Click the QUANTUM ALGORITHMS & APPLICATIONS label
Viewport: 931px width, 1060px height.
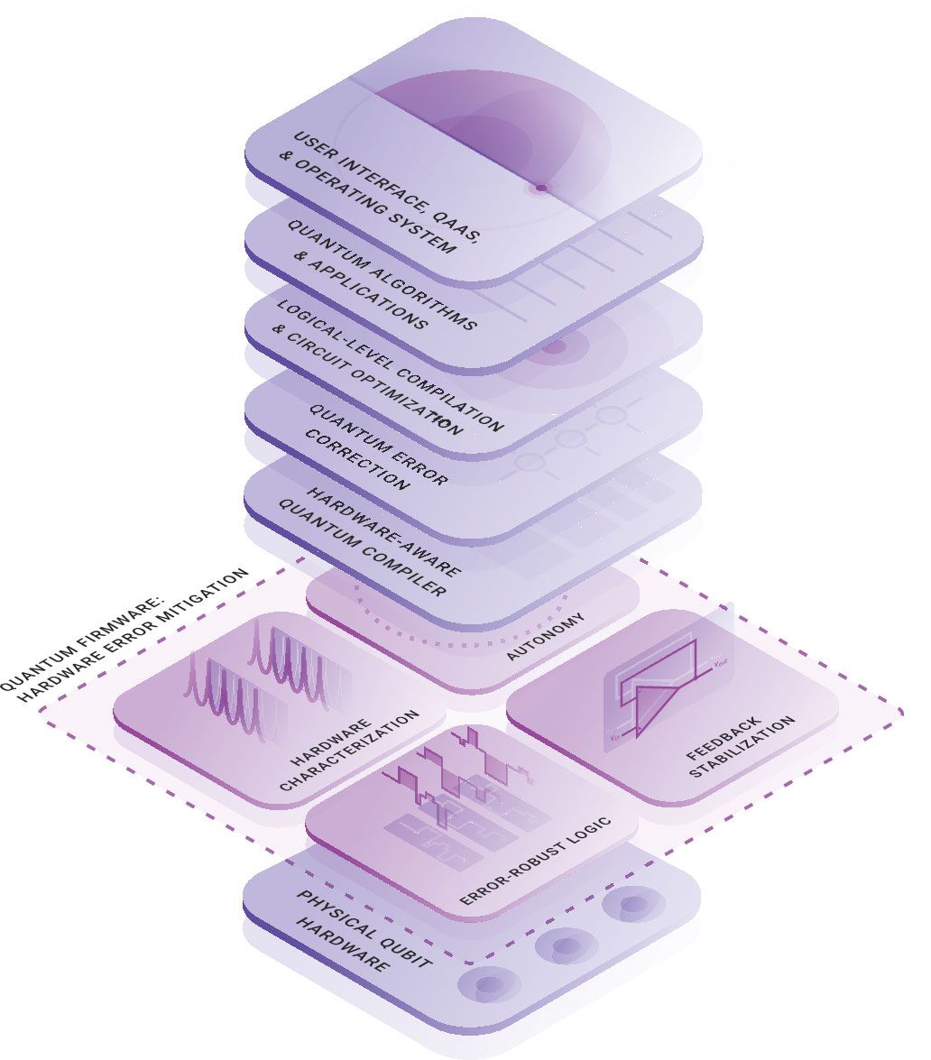pos(380,275)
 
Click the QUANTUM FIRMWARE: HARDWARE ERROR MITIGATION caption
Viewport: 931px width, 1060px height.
pos(126,631)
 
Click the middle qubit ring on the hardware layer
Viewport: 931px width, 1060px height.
pos(565,946)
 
